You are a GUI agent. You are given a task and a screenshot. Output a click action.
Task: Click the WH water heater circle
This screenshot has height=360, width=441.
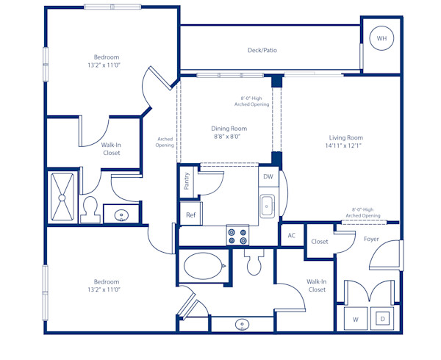click(x=381, y=38)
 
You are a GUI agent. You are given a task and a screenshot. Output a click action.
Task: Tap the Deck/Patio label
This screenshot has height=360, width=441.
click(x=262, y=51)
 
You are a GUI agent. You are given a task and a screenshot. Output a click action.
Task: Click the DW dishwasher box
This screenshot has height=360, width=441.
click(x=268, y=177)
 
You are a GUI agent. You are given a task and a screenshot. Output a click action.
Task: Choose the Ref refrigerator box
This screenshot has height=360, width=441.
click(x=190, y=215)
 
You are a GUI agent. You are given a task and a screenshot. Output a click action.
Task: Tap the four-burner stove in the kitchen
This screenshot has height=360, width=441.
click(x=237, y=235)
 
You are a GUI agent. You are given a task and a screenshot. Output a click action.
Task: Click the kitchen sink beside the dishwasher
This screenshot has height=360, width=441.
click(x=267, y=206)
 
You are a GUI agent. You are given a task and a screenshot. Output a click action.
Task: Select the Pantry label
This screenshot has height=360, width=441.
click(x=187, y=181)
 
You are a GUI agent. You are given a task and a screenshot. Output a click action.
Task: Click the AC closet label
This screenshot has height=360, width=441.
click(x=291, y=236)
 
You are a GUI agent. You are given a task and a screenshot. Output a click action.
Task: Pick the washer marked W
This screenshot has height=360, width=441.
click(x=356, y=319)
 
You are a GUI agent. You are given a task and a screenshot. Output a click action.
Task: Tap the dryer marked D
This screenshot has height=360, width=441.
click(x=383, y=319)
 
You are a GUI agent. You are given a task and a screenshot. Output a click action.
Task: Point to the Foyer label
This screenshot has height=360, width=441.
click(x=371, y=239)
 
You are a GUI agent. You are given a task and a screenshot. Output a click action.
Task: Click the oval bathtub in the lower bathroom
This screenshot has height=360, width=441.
click(x=204, y=266)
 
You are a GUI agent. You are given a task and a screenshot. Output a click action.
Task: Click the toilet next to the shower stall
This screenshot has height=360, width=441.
click(x=91, y=209)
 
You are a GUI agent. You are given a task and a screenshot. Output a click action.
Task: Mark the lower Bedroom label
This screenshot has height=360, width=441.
click(x=106, y=281)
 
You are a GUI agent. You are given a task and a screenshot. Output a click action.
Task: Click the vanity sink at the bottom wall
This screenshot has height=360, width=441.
click(x=243, y=323)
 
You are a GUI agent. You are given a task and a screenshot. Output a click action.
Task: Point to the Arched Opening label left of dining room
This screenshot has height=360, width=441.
click(x=165, y=142)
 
